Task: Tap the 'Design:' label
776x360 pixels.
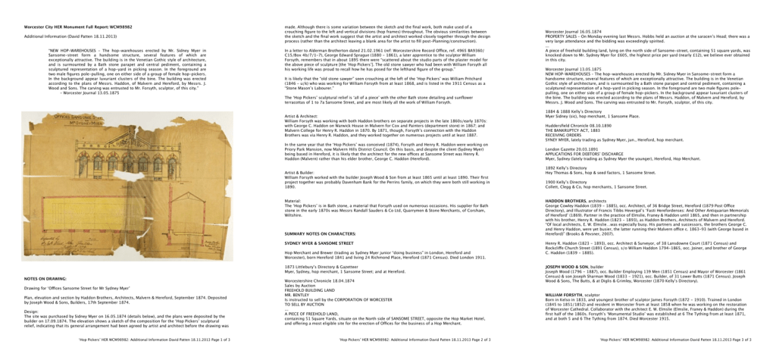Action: pos(33,311)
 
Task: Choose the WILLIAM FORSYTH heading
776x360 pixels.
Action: pos(568,293)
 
